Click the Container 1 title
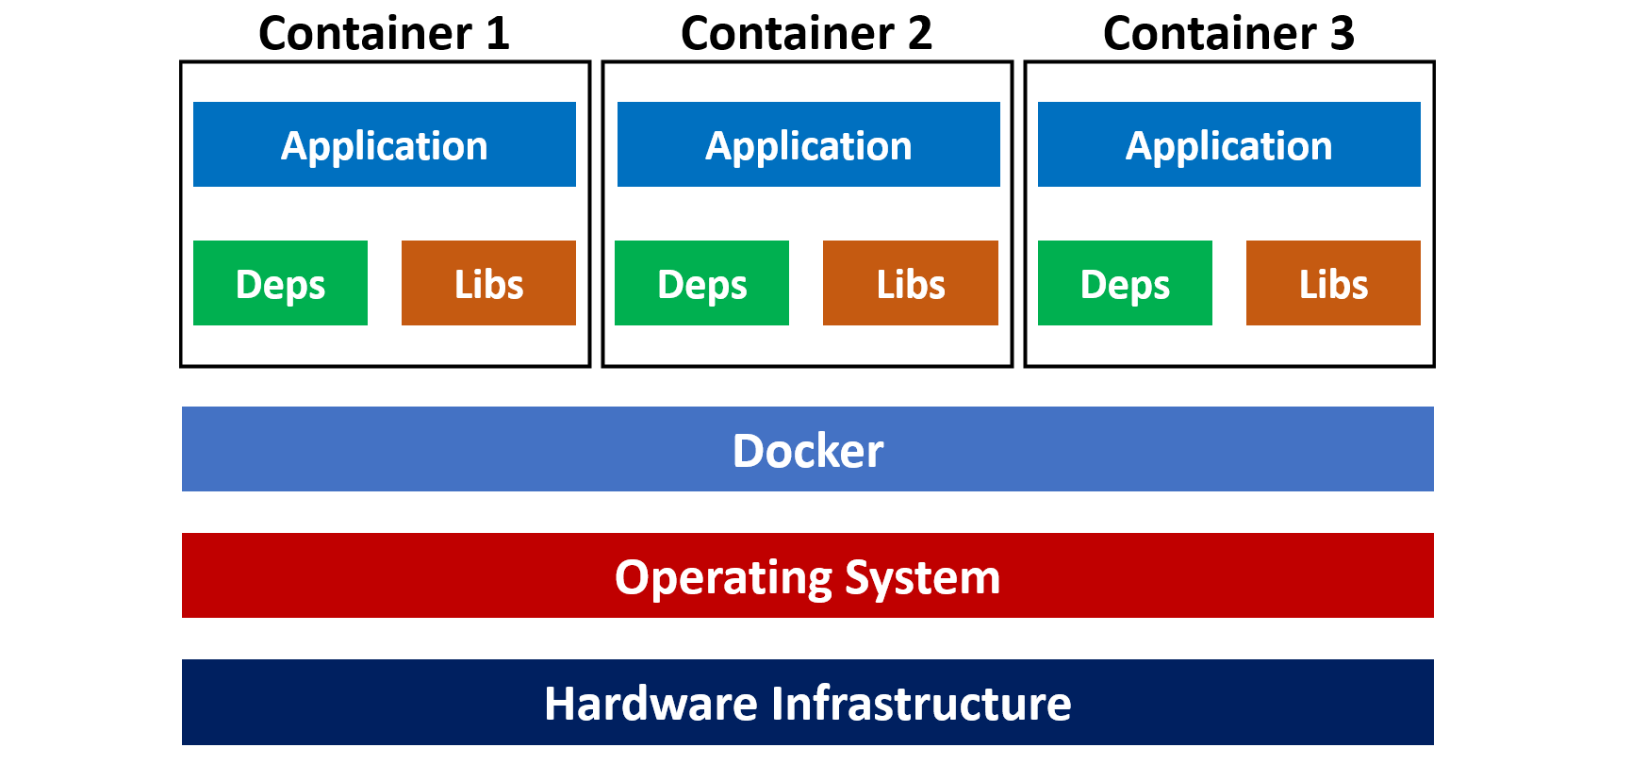pos(384,34)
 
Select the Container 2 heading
pos(806,34)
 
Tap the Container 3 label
pos(1228,34)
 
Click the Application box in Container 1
pos(385,144)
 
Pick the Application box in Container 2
pos(809,144)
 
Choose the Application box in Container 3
pos(1229,144)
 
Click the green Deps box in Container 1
pos(280,283)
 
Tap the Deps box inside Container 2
pos(701,283)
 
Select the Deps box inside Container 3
pos(1125,283)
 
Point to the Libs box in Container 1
pos(488,283)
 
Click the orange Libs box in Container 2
pos(910,283)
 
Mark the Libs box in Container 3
pos(1333,283)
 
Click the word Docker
pos(808,450)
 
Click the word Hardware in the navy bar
pos(651,704)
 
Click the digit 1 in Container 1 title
pos(498,34)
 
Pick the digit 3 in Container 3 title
pos(1342,34)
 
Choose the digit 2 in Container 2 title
pos(919,34)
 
